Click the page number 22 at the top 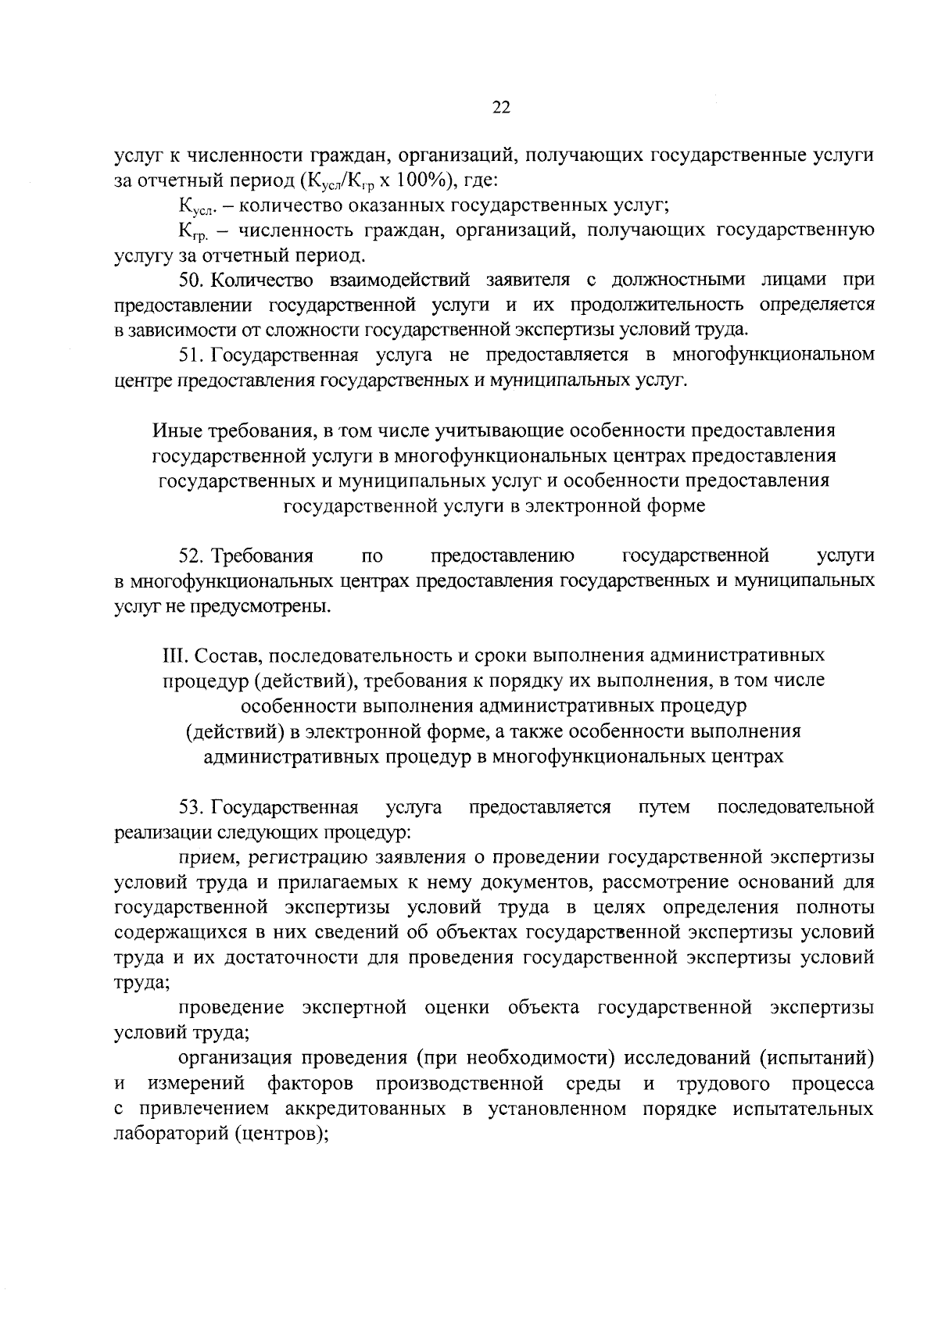[x=501, y=109]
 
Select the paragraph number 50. [x=192, y=280]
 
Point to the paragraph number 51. [x=192, y=356]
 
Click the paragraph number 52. [x=192, y=556]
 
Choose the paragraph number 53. [x=192, y=807]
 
